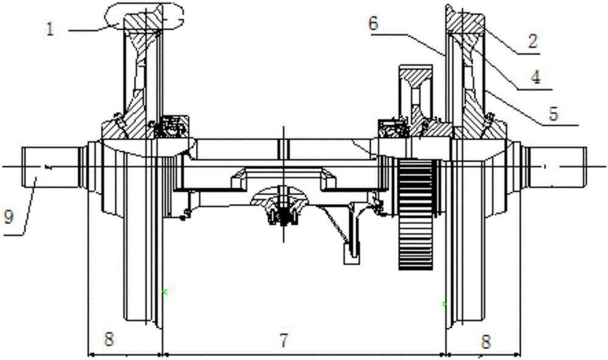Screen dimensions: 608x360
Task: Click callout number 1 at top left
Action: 49,29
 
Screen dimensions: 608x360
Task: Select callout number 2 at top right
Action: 533,40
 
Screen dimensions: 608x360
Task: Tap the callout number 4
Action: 536,77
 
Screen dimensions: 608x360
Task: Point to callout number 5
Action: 553,113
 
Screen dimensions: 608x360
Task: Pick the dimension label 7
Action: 284,340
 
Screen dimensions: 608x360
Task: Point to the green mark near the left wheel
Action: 165,292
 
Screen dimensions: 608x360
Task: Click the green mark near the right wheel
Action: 445,304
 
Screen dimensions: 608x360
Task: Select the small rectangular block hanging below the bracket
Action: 351,254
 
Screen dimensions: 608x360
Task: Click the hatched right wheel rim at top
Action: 465,18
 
